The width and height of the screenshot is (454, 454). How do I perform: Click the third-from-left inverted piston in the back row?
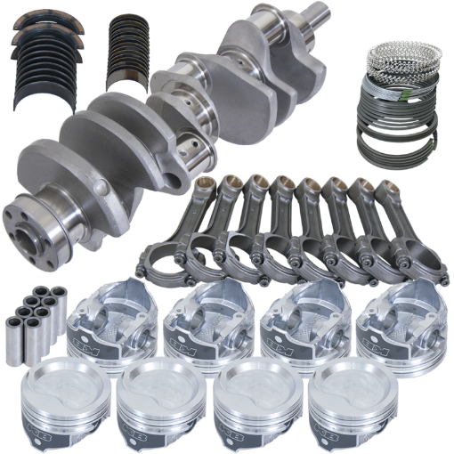coord(302,317)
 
